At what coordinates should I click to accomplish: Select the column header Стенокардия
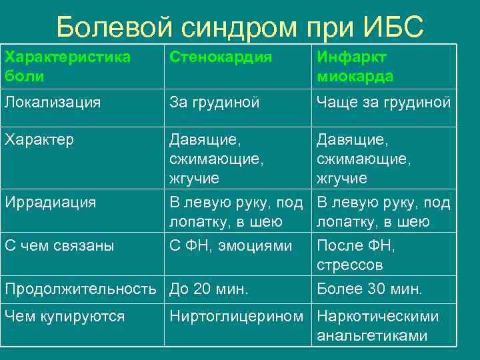(221, 57)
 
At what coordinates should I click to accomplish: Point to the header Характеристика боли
(67, 67)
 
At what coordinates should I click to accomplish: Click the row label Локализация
(53, 102)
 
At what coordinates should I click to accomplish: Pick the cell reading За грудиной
(214, 102)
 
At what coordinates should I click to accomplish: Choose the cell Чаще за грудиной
(384, 102)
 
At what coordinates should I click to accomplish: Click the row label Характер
(39, 140)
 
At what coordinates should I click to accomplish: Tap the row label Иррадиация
(50, 202)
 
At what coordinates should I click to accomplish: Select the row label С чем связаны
(59, 245)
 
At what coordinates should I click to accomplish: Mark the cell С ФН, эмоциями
(231, 245)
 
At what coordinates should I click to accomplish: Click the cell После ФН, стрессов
(356, 255)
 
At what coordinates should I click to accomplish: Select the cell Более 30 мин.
(369, 289)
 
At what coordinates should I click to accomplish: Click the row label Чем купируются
(65, 316)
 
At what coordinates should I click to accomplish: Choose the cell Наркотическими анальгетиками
(378, 325)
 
